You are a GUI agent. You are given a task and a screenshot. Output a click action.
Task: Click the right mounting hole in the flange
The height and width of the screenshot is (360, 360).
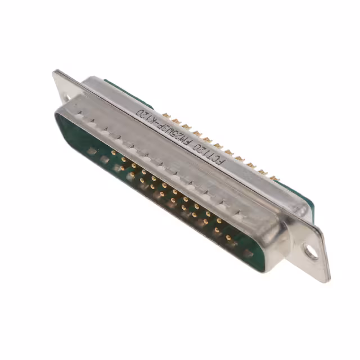pyautogui.click(x=311, y=252)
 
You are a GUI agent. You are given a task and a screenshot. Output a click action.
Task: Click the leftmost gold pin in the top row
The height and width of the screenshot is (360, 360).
pyautogui.click(x=114, y=152)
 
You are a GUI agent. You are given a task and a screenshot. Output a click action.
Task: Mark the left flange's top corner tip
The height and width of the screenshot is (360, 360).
pyautogui.click(x=55, y=71)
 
